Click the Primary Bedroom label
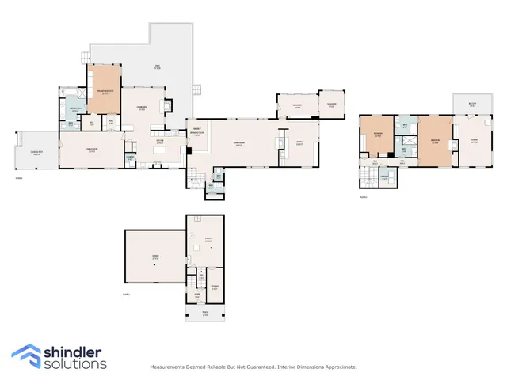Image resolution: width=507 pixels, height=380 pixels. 103,91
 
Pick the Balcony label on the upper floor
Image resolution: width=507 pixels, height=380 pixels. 471,104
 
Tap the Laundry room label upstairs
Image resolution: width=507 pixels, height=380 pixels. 383,177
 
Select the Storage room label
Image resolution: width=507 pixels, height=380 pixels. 214,287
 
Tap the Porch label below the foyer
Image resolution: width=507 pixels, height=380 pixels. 205,313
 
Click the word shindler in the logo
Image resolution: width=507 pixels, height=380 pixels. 76,351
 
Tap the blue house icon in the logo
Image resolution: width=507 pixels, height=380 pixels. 26,356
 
